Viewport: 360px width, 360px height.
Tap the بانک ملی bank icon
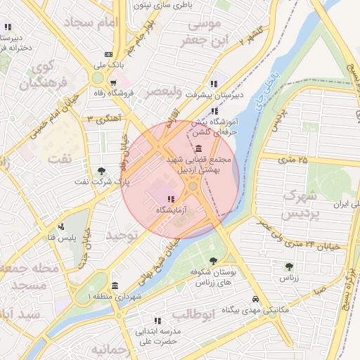point(108,54)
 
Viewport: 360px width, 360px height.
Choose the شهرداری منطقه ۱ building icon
point(115,286)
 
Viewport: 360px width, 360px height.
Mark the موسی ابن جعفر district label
point(205,32)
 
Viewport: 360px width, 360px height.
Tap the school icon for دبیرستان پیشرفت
point(213,84)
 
